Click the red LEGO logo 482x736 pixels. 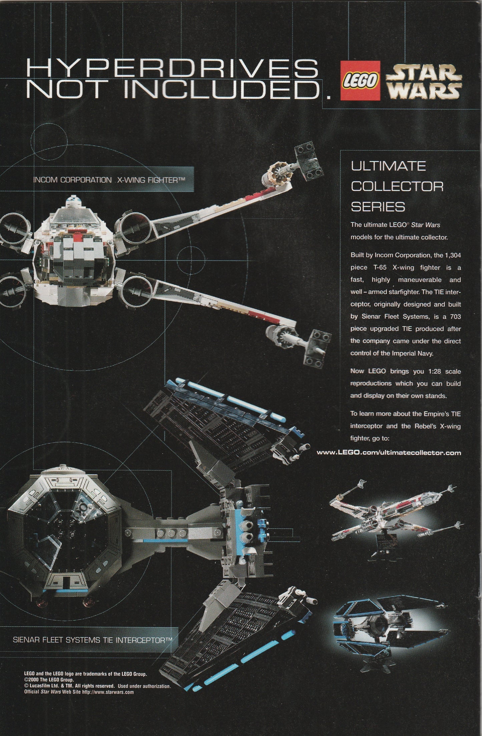[x=361, y=80]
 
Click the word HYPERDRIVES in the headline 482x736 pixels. [x=172, y=68]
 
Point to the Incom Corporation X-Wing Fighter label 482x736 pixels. [x=109, y=180]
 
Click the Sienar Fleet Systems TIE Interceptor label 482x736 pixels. [x=92, y=640]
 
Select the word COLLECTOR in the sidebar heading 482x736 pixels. [x=397, y=186]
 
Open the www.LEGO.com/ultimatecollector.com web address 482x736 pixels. [x=389, y=453]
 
